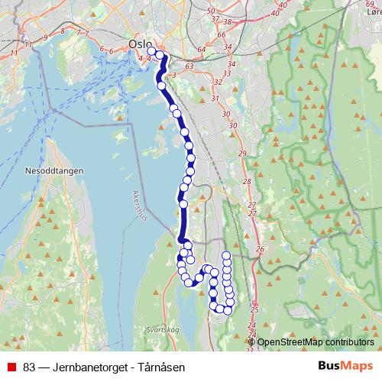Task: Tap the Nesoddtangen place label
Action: (57, 171)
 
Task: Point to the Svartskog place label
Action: (161, 329)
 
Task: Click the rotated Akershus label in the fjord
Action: (141, 204)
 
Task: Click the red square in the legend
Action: (12, 367)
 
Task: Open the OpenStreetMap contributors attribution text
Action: (315, 342)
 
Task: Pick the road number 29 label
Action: (243, 154)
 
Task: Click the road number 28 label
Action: (246, 182)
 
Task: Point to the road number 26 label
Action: (259, 250)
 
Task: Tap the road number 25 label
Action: (254, 309)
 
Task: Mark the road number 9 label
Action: (46, 37)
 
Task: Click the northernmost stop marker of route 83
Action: (151, 52)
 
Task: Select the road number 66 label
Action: (222, 35)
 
